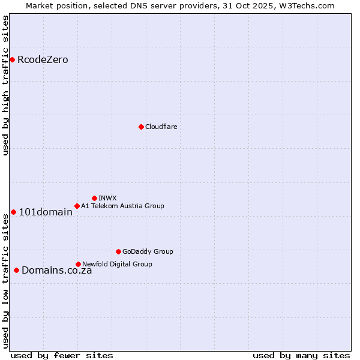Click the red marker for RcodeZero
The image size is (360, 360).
coord(12,59)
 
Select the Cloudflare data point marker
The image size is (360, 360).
coord(141,127)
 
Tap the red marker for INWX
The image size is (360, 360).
coord(94,198)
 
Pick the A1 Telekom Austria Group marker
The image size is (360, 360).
coord(77,206)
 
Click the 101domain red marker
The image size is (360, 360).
coord(13,212)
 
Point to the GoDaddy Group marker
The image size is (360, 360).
coord(118,251)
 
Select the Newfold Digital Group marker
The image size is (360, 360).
coord(78,264)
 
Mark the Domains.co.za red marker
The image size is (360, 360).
coord(16,270)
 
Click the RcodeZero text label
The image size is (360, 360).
coord(43,60)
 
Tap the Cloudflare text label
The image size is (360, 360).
coord(161,127)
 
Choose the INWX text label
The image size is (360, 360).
coord(107,198)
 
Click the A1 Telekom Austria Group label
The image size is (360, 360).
coord(122,206)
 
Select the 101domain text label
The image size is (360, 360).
coord(46,212)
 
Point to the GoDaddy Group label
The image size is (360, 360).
coord(148,251)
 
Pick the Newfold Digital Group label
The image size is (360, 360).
coord(117,264)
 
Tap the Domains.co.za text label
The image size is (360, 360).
coord(57,271)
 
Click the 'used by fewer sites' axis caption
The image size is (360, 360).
coord(62,355)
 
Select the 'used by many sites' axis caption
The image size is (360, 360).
coord(301,355)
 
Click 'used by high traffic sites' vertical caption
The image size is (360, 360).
coord(5,85)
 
